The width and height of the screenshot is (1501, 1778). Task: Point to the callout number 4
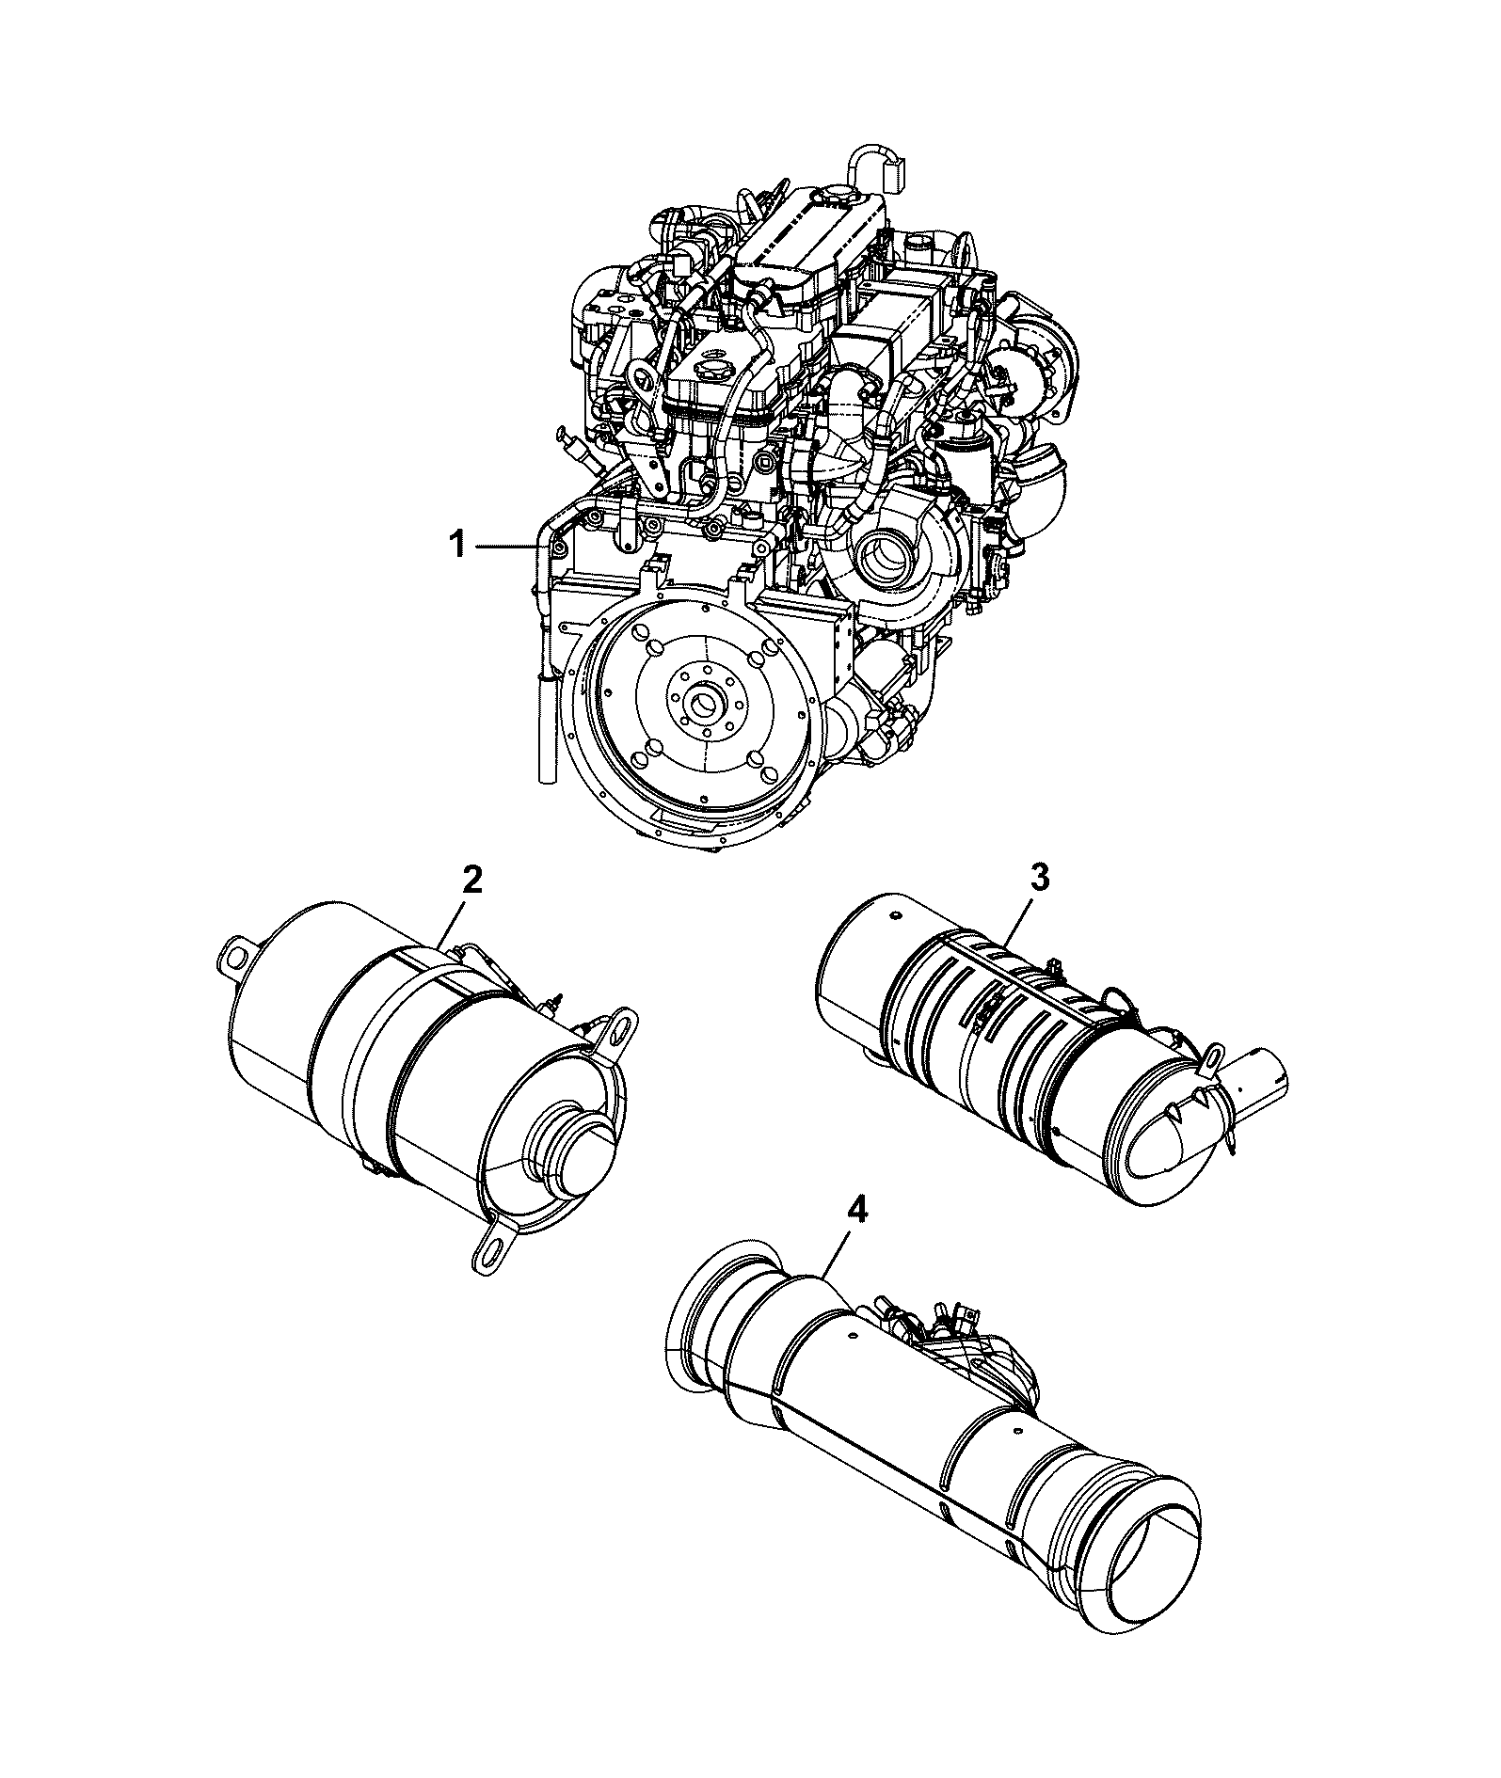coord(857,1213)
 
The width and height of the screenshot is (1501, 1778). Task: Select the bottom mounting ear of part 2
coord(494,1247)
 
